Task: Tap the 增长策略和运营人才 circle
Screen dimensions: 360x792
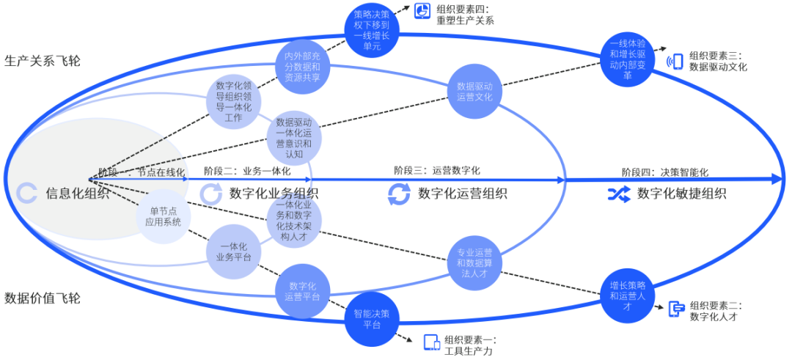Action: (x=628, y=297)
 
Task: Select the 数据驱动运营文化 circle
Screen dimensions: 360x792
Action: (x=474, y=91)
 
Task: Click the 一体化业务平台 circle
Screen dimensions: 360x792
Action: (x=233, y=251)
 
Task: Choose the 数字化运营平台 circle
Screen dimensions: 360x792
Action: (x=302, y=291)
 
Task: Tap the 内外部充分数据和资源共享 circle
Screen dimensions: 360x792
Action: (x=302, y=67)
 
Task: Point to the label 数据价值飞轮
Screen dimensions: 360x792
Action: (x=43, y=298)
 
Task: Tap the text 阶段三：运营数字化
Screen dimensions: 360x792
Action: (x=437, y=170)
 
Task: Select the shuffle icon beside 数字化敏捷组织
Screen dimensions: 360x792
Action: (x=615, y=194)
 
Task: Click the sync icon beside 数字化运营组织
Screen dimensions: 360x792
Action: (x=399, y=194)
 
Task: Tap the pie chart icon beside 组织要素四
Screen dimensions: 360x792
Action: (x=423, y=10)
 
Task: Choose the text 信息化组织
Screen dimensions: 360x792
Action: (x=78, y=194)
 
